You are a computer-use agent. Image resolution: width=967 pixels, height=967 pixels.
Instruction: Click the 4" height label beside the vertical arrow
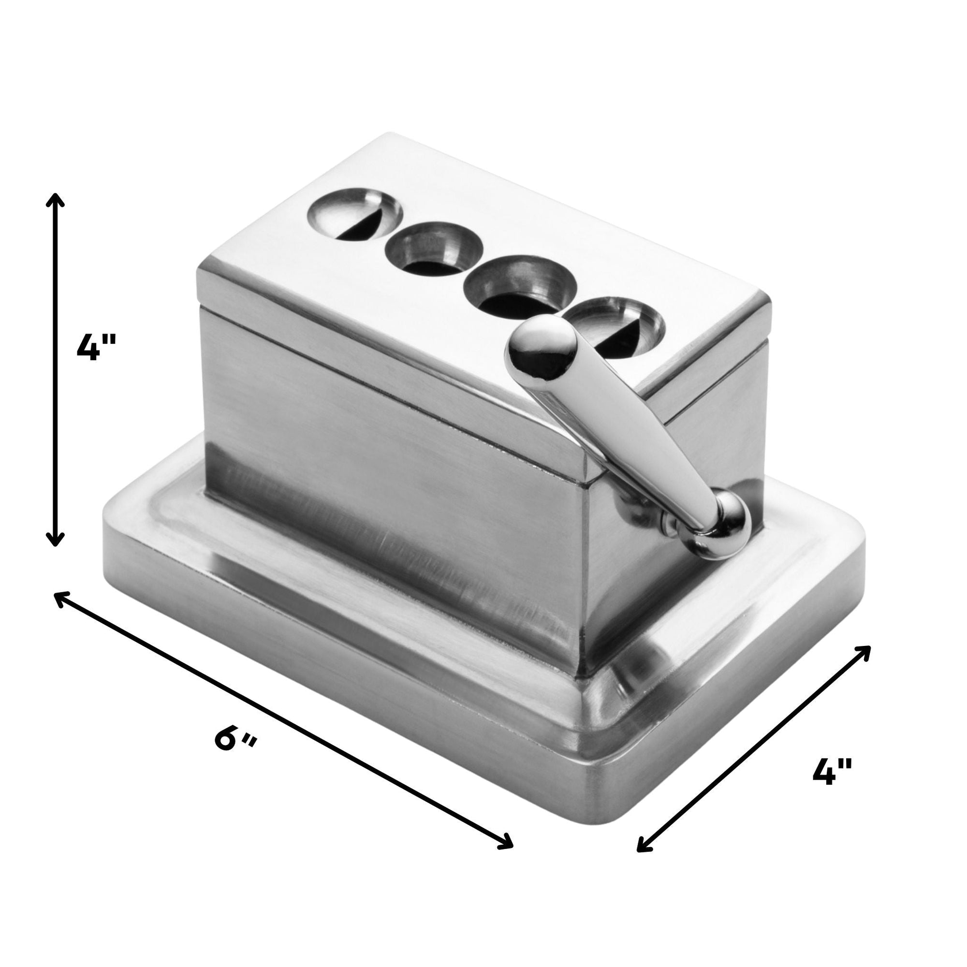[96, 347]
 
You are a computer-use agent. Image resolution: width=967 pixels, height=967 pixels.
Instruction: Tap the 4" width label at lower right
[831, 786]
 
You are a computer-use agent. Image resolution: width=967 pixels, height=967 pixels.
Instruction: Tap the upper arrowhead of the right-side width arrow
[866, 651]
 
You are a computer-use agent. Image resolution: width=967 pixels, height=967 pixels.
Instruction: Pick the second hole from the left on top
[433, 255]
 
